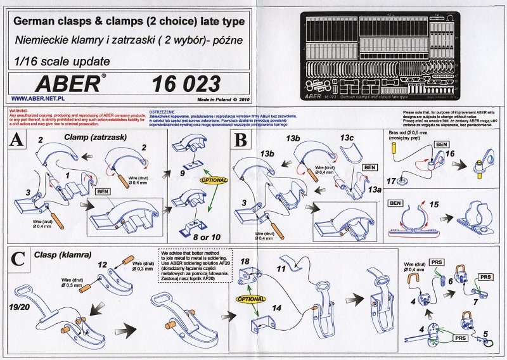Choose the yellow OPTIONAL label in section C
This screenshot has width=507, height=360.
click(x=250, y=297)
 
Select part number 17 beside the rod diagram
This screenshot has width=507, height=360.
click(x=392, y=181)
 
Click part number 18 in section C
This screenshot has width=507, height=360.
click(x=245, y=261)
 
